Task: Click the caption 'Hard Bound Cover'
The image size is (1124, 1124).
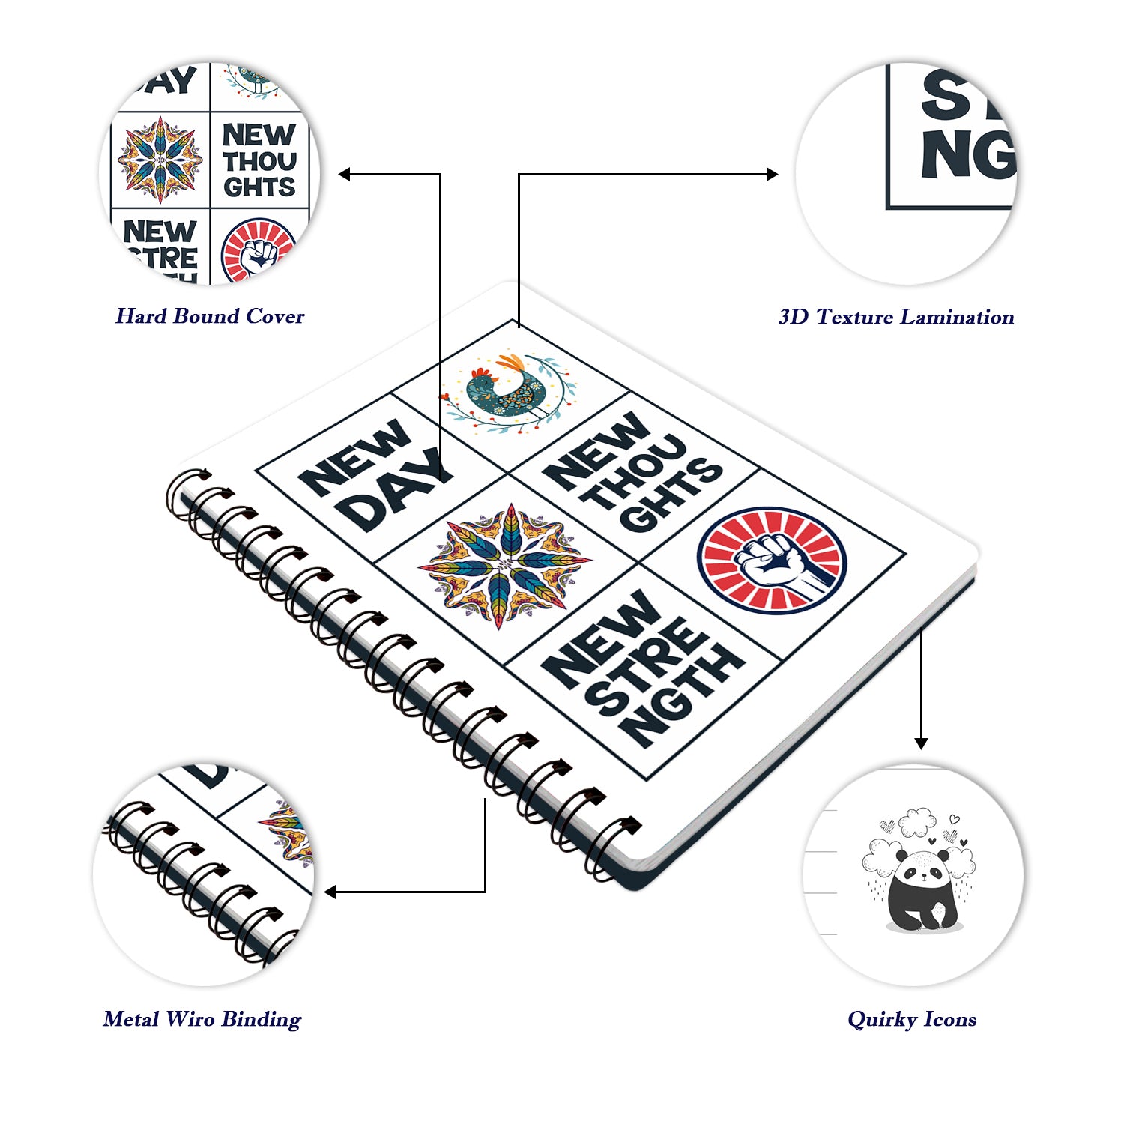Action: [210, 316]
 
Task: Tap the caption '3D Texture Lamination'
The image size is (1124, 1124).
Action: [896, 317]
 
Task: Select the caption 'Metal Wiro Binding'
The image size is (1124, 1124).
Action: [202, 1019]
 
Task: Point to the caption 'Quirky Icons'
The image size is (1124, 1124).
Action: [912, 1019]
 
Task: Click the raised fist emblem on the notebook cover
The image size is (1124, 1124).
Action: [772, 561]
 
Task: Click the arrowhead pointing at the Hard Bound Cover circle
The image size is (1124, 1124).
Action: [344, 175]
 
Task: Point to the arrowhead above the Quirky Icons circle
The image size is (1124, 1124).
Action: [921, 743]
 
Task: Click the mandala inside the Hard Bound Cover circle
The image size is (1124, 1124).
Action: [160, 160]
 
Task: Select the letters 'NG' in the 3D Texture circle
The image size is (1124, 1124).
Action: [967, 156]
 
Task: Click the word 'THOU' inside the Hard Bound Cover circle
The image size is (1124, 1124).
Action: [259, 161]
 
